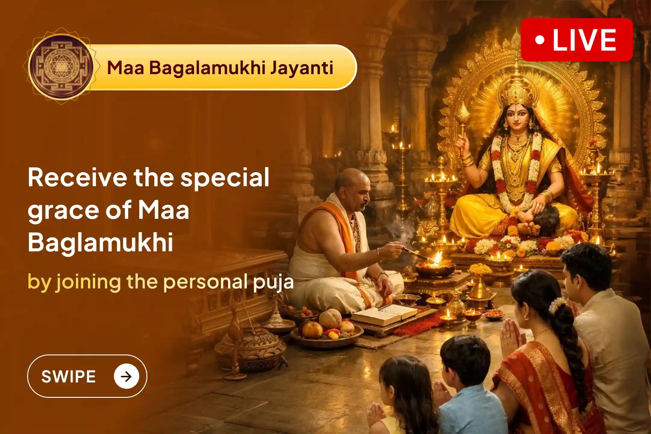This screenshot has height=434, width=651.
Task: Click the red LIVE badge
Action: coord(576,40)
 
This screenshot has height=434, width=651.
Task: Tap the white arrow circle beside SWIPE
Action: coord(126,376)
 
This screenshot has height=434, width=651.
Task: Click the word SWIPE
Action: coord(68,376)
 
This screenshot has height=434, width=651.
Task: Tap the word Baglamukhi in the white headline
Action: coord(100,242)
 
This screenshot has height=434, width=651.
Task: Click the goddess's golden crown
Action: coord(517,90)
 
